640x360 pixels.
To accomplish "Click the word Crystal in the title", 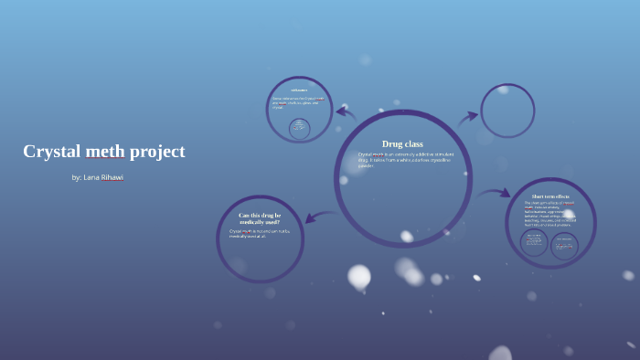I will (x=51, y=152).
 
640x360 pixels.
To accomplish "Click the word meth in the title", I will (x=104, y=152).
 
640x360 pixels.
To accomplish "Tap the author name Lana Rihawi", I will (x=103, y=177).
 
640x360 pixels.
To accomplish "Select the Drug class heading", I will (x=402, y=143).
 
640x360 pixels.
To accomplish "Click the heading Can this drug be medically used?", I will (x=260, y=218).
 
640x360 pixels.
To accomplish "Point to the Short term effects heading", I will (x=550, y=196).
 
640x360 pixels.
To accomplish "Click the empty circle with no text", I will (x=507, y=111).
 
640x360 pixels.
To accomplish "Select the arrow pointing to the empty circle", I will (x=468, y=117).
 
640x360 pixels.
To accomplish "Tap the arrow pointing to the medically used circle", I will (x=318, y=217).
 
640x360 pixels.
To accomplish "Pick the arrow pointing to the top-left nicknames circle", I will (x=346, y=112).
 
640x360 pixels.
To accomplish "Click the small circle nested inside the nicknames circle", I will (x=299, y=128).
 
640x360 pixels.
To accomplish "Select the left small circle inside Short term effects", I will (x=534, y=242).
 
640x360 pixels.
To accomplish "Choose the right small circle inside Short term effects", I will (x=564, y=245).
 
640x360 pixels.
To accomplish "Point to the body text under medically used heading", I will (x=259, y=233).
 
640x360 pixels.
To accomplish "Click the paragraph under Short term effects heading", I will (x=550, y=213).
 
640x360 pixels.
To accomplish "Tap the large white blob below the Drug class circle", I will (x=359, y=276).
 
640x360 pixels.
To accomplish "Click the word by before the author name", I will (x=76, y=177).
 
